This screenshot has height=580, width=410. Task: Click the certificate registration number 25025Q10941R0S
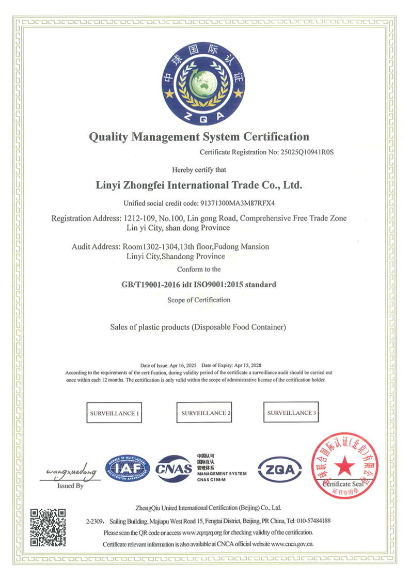coord(300,152)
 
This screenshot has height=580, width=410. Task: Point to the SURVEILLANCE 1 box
coord(114,414)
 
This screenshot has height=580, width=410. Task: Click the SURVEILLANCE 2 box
coord(206,413)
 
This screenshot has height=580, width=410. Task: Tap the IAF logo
coord(128,468)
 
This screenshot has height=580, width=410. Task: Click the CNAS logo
coord(174,468)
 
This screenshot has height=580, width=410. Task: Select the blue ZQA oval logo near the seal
coord(280,469)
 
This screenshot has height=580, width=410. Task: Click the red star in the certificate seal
coord(344,467)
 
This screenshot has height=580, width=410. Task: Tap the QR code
coord(48,527)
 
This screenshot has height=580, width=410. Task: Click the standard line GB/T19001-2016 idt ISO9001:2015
coord(199,285)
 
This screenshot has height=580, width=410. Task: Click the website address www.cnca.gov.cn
coord(292,544)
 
